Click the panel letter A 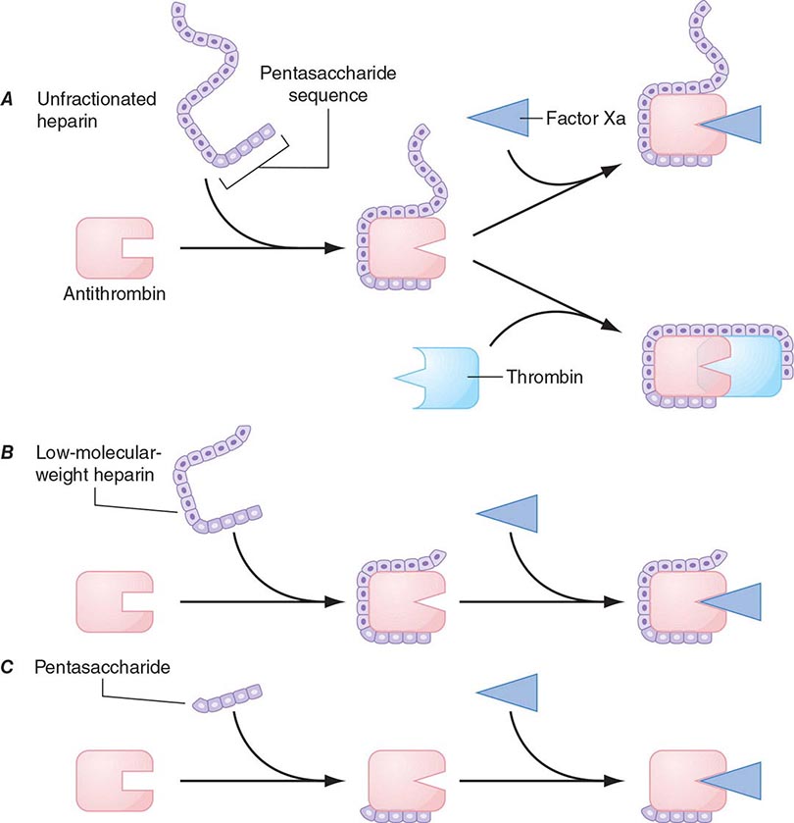tap(18, 101)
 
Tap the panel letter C tap(18, 667)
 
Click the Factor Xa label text tap(577, 118)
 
